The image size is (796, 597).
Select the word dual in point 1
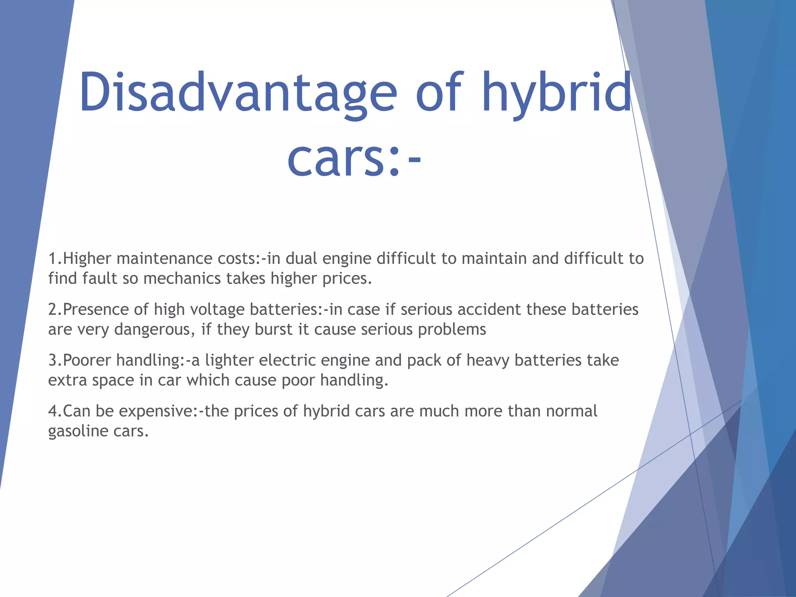301,259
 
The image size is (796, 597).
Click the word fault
99,279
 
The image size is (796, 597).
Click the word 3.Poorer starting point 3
80,361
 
